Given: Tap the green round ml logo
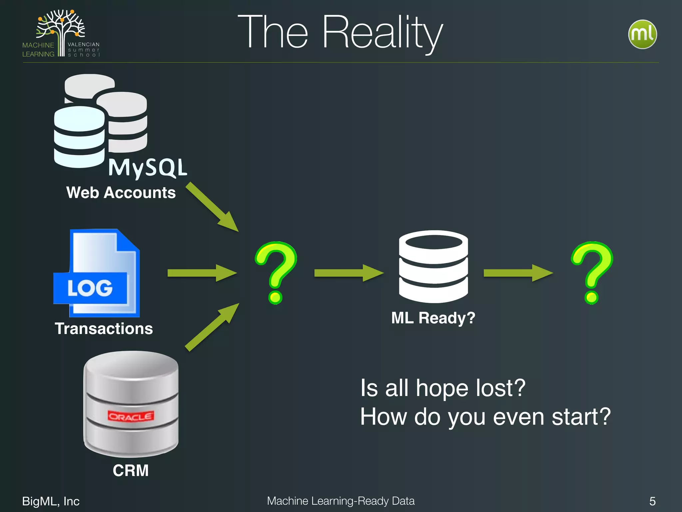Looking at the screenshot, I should [x=642, y=34].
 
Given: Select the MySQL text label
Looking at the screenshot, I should [x=148, y=167].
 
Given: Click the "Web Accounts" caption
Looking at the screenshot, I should [x=121, y=193].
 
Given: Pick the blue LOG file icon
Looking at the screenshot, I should [x=97, y=273].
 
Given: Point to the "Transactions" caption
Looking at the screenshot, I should [x=104, y=329].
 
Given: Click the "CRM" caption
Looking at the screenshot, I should [x=131, y=471].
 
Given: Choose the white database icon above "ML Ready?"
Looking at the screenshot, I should [x=433, y=267].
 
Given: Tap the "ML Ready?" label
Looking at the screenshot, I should [x=433, y=318].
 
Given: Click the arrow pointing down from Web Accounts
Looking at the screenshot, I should [x=212, y=207].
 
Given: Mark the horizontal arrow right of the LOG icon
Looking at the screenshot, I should [x=201, y=273].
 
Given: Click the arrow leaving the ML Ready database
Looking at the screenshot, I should [x=517, y=273].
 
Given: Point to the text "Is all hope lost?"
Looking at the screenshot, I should [x=443, y=388].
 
